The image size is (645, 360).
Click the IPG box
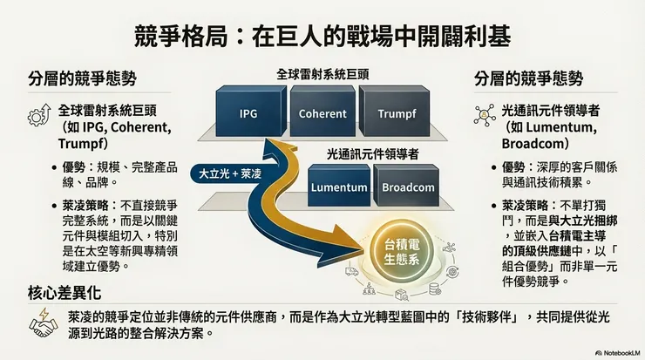(x=248, y=113)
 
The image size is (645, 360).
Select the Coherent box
(x=322, y=113)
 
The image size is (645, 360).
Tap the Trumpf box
(x=397, y=113)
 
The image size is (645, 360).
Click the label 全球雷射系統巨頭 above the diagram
(x=322, y=75)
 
